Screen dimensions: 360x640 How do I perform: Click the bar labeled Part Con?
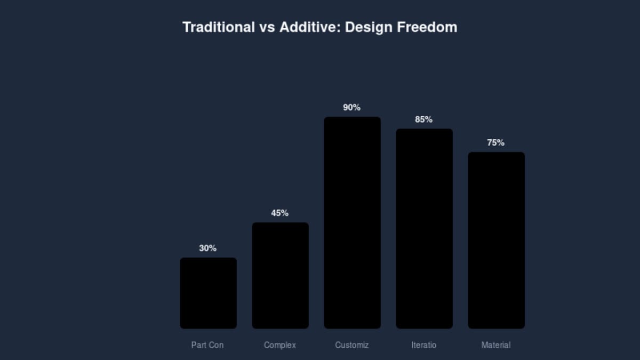(x=208, y=293)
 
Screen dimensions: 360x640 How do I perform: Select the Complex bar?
(x=280, y=275)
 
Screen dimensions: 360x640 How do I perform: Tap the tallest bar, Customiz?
(x=352, y=222)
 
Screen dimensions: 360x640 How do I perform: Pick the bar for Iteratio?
(x=424, y=228)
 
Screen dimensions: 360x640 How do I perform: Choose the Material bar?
(x=496, y=240)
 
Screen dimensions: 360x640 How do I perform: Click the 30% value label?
(x=208, y=249)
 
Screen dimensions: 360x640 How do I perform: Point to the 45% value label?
(x=280, y=213)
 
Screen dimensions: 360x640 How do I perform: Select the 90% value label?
(x=352, y=108)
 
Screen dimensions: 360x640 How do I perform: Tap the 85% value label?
(x=424, y=120)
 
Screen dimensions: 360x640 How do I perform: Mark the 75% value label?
(x=496, y=143)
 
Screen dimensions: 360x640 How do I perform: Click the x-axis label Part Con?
(x=207, y=345)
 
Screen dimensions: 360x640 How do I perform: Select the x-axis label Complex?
(x=280, y=345)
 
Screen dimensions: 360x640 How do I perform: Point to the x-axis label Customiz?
(x=352, y=345)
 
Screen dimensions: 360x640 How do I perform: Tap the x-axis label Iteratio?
(x=424, y=345)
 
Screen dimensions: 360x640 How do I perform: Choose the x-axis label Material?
(x=496, y=345)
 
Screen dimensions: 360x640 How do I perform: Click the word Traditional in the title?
(x=219, y=27)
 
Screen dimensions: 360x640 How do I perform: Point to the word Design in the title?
(x=369, y=27)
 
